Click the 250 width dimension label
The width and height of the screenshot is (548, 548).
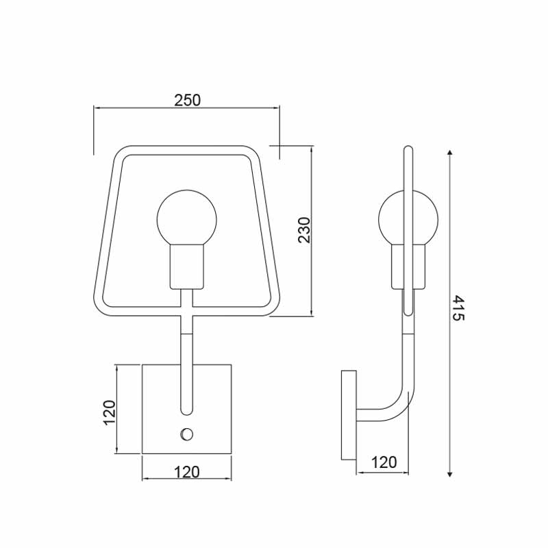[x=187, y=100]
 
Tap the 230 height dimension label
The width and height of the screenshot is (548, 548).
[x=304, y=230]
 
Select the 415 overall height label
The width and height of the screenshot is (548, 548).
[x=458, y=308]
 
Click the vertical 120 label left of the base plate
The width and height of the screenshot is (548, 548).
[x=109, y=412]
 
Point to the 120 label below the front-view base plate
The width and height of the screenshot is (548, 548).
[x=186, y=472]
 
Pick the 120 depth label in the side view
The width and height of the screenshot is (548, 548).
[x=384, y=462]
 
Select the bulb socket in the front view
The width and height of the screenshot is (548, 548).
[x=186, y=266]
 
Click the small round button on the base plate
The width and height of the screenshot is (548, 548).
[x=186, y=434]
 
